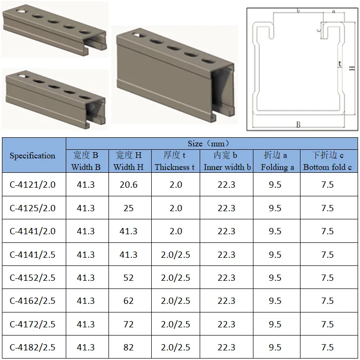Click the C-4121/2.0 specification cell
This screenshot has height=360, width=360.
point(33,185)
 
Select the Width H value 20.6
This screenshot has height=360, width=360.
point(129,185)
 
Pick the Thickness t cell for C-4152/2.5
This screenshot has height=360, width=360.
point(176,278)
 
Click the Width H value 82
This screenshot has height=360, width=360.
point(129,348)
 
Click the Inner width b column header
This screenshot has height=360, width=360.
point(227,161)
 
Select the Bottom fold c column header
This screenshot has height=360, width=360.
point(328,161)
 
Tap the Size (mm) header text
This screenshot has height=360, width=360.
point(208,144)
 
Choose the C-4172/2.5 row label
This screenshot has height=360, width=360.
point(33,324)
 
